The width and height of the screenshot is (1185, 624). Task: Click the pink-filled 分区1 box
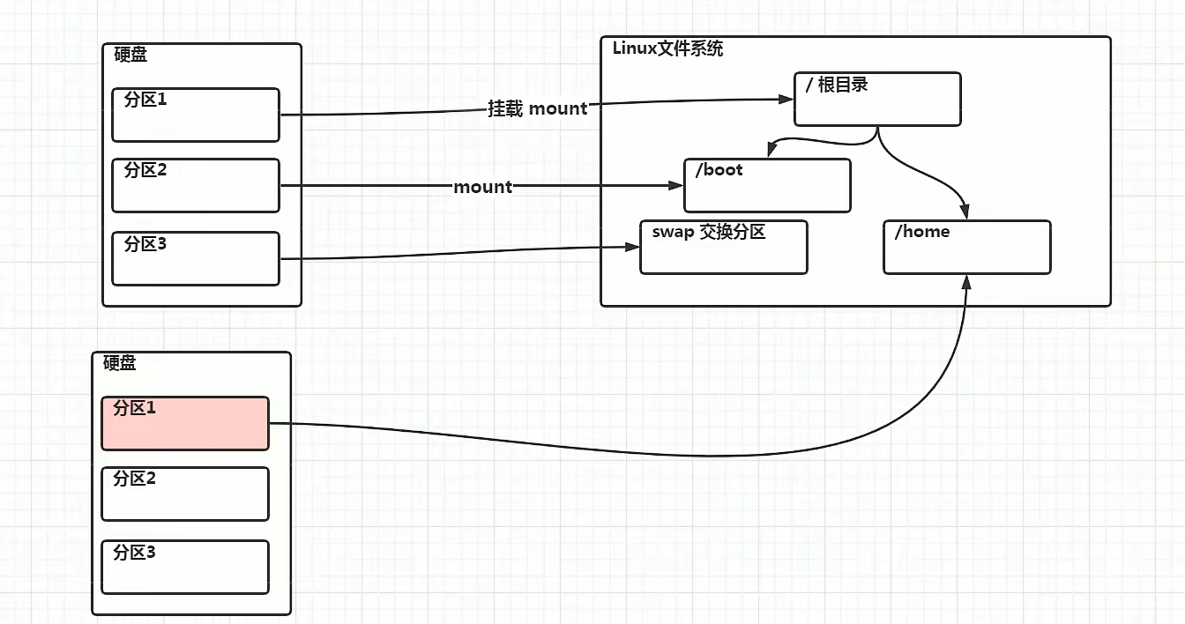(185, 423)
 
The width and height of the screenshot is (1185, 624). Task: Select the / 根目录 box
(876, 100)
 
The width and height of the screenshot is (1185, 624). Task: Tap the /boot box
(767, 186)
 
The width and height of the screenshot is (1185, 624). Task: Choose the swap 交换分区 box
(723, 248)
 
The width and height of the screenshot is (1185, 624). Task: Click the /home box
(966, 248)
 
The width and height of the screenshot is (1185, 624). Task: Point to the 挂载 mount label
(538, 108)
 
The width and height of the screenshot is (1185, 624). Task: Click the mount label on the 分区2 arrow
(482, 187)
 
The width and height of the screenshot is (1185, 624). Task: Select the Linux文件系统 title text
(667, 48)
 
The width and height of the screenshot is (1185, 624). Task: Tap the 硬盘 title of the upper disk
(130, 55)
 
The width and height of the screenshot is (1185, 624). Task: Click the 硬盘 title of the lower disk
(120, 363)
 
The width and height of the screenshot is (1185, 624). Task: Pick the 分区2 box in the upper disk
(196, 186)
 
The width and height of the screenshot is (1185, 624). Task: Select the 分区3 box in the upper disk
(196, 259)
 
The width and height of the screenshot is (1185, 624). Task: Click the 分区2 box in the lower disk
(185, 494)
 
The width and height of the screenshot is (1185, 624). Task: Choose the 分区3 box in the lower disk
(185, 567)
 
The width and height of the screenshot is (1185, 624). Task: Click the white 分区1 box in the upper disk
(196, 115)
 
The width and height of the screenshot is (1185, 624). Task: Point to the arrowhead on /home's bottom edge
(967, 281)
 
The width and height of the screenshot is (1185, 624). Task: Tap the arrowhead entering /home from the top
(965, 212)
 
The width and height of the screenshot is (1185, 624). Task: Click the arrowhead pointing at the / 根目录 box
(786, 100)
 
